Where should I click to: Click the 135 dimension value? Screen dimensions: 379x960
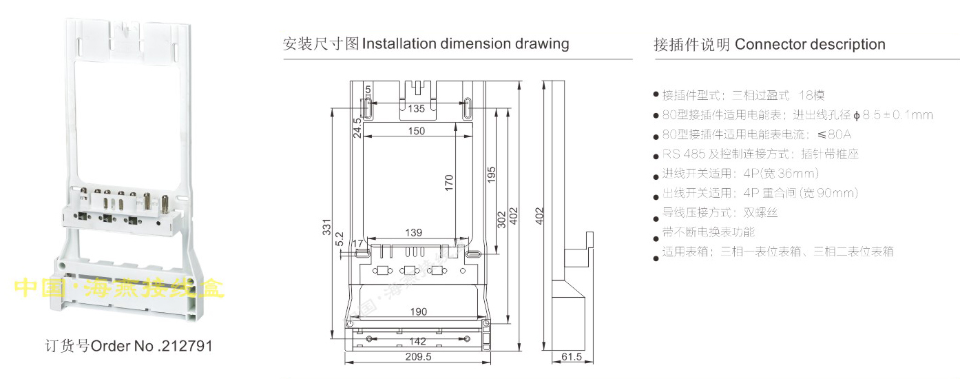pos(416,109)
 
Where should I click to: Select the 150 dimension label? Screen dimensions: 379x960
pos(416,131)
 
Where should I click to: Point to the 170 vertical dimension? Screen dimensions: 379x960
pos(449,182)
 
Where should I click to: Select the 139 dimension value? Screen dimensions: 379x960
pos(413,233)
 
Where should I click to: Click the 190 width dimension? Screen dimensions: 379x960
pos(418,311)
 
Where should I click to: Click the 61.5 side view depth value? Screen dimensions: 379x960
pos(572,357)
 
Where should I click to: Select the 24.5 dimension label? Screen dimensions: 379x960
pos(357,128)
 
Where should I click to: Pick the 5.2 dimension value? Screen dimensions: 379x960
pos(339,238)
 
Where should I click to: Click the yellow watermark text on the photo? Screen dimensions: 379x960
pos(120,288)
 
